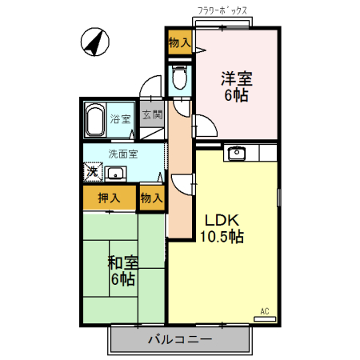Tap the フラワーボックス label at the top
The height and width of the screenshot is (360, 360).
point(222,11)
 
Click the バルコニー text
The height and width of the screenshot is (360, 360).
point(179,339)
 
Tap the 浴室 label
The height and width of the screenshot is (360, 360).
point(121,119)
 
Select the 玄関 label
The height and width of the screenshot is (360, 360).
point(152,115)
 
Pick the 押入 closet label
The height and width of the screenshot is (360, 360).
point(109,197)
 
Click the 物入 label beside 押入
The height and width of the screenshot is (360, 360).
point(151,197)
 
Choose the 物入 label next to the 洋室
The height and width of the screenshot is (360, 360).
point(179,42)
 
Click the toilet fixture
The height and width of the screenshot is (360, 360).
point(180,78)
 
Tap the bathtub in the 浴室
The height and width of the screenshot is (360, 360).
point(95,121)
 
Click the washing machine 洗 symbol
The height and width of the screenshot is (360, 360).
point(93,172)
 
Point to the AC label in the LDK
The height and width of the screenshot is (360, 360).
point(264,310)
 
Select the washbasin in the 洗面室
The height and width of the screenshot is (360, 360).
point(116,173)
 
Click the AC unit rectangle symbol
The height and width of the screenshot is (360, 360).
point(264,318)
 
